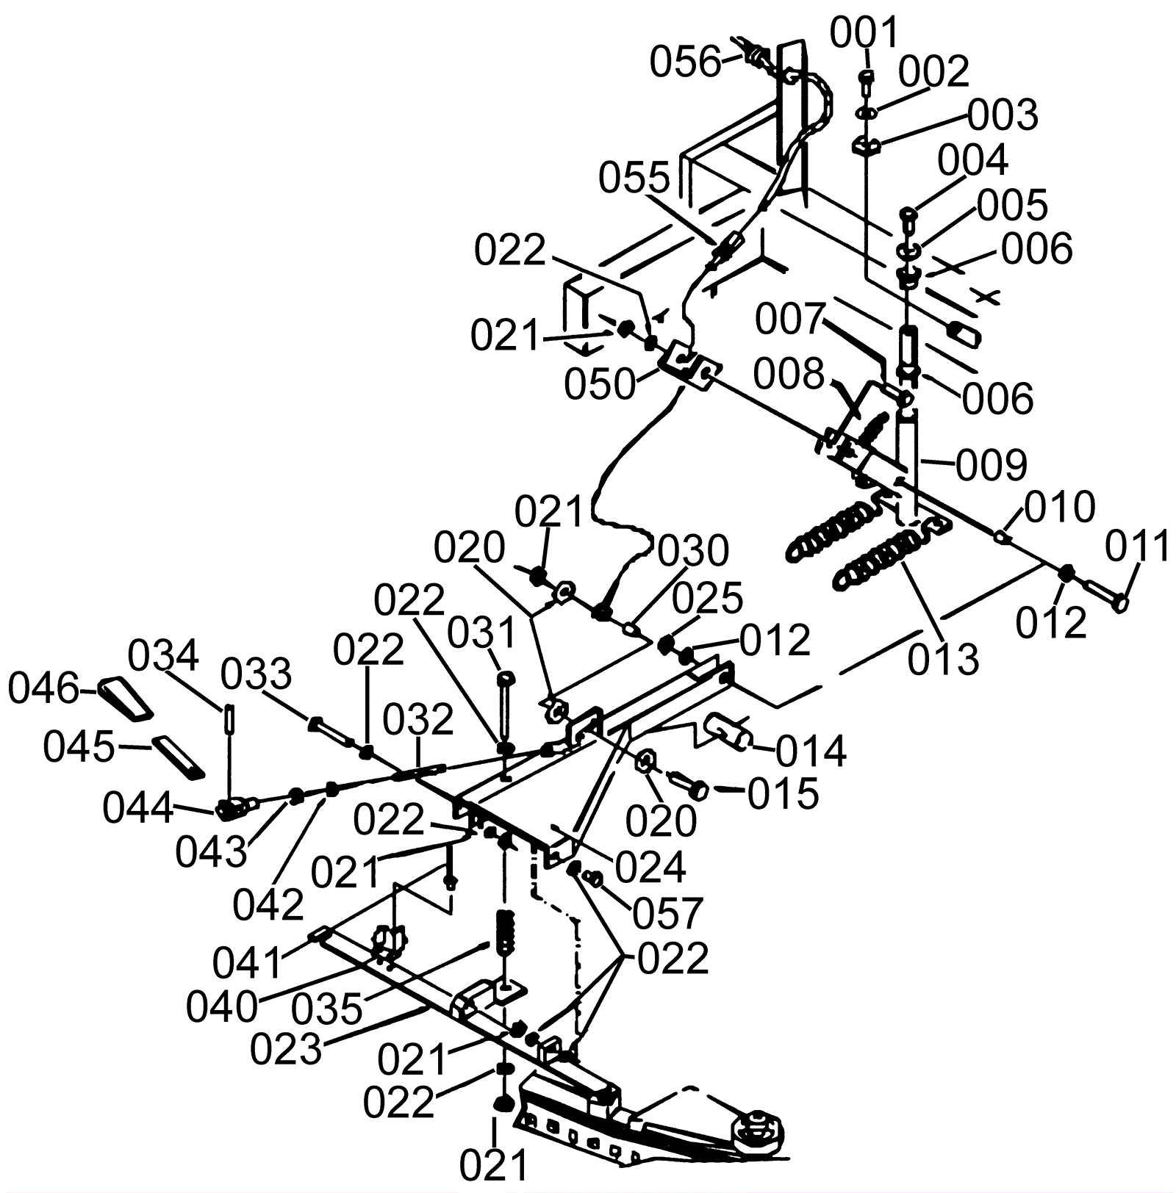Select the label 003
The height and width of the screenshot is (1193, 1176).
pos(1003,116)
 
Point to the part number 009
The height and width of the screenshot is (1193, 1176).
pos(992,465)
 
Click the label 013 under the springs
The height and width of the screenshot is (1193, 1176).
pos(944,659)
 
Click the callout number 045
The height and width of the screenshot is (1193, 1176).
pos(78,748)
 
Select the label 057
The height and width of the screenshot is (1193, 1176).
pos(668,913)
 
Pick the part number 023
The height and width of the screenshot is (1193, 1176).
pos(286,1050)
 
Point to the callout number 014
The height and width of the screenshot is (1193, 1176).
pos(811,752)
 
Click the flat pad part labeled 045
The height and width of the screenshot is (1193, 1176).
pos(179,757)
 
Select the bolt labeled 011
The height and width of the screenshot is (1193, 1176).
pos(1106,594)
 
